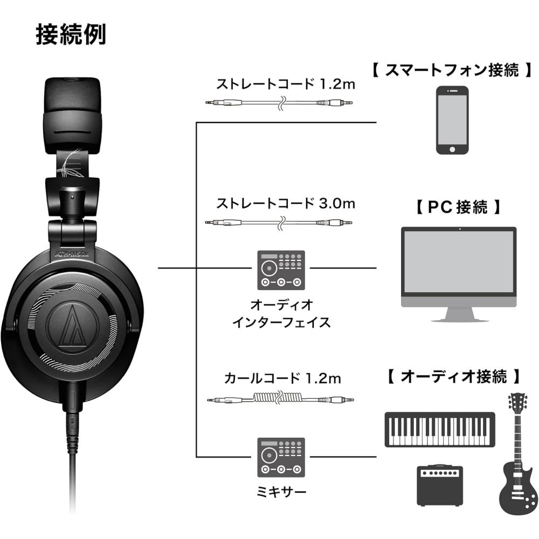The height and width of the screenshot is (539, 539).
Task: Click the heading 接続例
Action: [71, 34]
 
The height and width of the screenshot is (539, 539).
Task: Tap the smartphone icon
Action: [452, 121]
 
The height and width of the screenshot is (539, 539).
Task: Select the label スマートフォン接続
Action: [452, 71]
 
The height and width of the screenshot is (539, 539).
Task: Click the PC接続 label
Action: [459, 206]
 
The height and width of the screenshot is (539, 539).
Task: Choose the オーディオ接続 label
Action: [455, 376]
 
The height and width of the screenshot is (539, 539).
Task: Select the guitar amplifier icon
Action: [440, 485]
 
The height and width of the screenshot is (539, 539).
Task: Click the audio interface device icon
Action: [280, 270]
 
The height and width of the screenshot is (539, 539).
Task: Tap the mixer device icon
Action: [280, 457]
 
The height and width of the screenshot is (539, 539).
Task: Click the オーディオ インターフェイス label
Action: [280, 314]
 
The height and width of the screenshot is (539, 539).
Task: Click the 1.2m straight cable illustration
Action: [279, 102]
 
